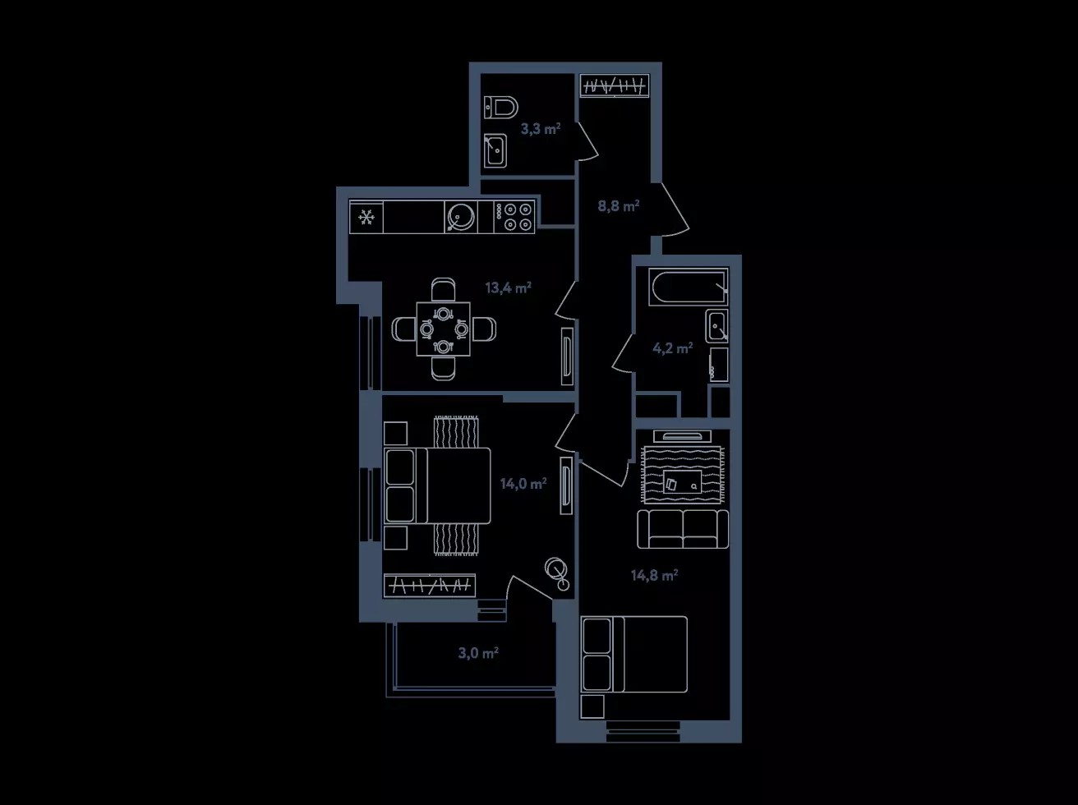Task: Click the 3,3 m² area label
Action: (540, 129)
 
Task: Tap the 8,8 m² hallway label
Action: (619, 206)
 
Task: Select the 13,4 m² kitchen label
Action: (509, 287)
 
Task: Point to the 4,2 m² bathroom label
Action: (672, 348)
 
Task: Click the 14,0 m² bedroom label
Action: (523, 484)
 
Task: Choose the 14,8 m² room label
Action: (654, 575)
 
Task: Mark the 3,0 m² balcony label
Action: (478, 653)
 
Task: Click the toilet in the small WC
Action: (501, 107)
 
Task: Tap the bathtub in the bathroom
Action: (688, 287)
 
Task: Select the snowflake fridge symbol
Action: (366, 217)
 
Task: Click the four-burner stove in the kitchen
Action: (514, 217)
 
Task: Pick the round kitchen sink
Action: (461, 217)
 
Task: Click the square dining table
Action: (444, 329)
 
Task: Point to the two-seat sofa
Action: (683, 529)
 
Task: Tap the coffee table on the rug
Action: (682, 481)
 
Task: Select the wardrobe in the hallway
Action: (615, 86)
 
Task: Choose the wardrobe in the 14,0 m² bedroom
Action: (430, 586)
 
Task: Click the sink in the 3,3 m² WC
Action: (495, 150)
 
